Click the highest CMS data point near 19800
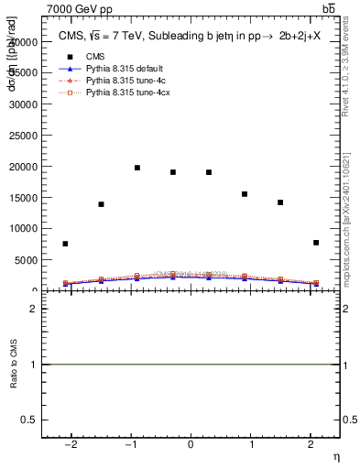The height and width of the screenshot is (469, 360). tap(136, 168)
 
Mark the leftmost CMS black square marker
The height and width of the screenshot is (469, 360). tap(65, 244)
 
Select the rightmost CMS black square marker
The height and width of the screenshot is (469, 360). tap(315, 243)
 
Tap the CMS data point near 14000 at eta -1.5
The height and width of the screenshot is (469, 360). tap(101, 204)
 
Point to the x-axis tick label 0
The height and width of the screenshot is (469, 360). tap(191, 444)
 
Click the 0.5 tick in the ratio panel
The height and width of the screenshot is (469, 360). tap(30, 420)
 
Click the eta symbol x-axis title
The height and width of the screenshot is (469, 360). tap(335, 456)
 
